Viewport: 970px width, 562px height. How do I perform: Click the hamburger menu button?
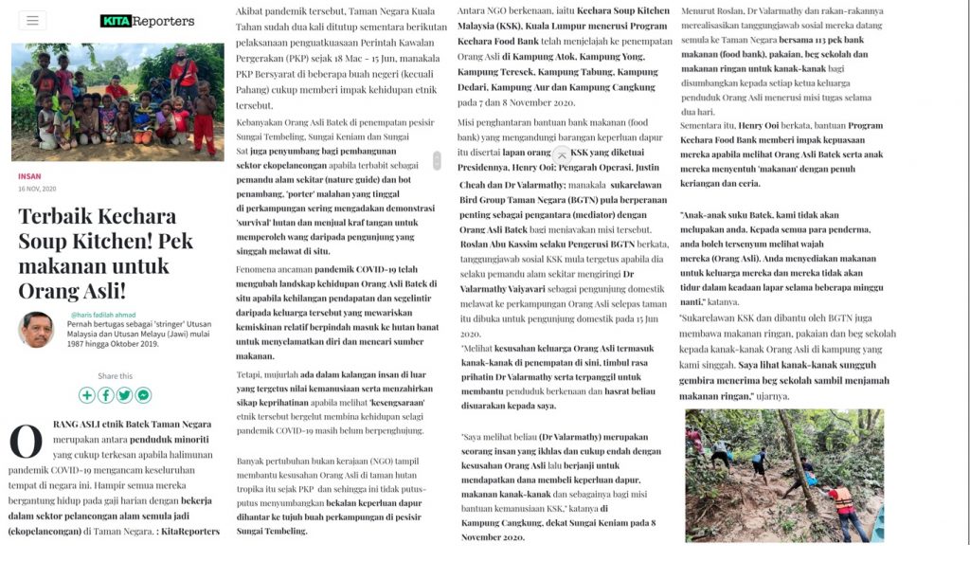(31, 20)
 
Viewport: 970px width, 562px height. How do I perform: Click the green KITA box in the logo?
(115, 21)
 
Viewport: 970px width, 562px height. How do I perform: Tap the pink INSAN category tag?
(29, 176)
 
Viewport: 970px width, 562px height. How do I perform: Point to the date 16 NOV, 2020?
(37, 189)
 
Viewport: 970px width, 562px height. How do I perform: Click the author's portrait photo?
(36, 330)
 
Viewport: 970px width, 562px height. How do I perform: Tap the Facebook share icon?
(106, 395)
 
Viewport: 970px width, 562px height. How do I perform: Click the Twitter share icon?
(124, 395)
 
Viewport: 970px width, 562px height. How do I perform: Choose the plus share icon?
(87, 395)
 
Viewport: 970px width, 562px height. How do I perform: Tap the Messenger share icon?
(143, 395)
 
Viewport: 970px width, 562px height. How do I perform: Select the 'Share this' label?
(115, 376)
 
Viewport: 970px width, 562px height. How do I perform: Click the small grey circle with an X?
(562, 154)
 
